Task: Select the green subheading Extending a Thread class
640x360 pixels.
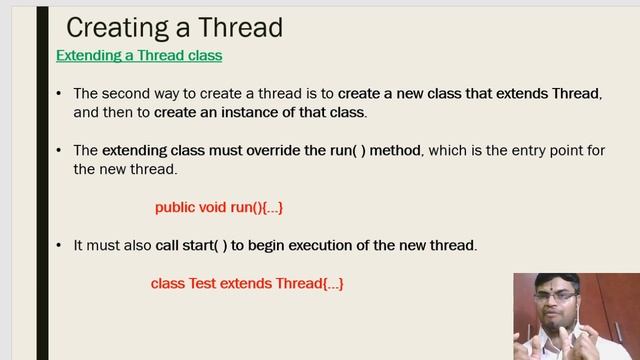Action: point(139,55)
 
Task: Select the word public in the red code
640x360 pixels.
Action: point(176,208)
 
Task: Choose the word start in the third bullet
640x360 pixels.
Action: point(200,245)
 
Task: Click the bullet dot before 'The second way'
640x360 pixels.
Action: point(60,93)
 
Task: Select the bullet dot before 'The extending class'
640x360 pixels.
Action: point(60,150)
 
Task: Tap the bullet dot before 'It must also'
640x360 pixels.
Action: point(60,245)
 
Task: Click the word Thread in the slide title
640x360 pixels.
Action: point(239,27)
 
